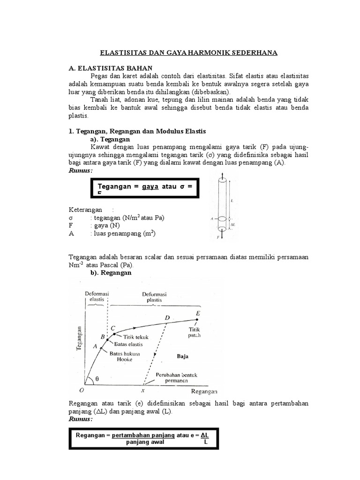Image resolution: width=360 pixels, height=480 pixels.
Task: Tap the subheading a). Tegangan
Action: [x=110, y=140]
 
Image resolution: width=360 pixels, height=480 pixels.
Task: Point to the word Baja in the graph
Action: [x=182, y=356]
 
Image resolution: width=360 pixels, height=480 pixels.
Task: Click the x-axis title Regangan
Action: [x=204, y=391]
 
